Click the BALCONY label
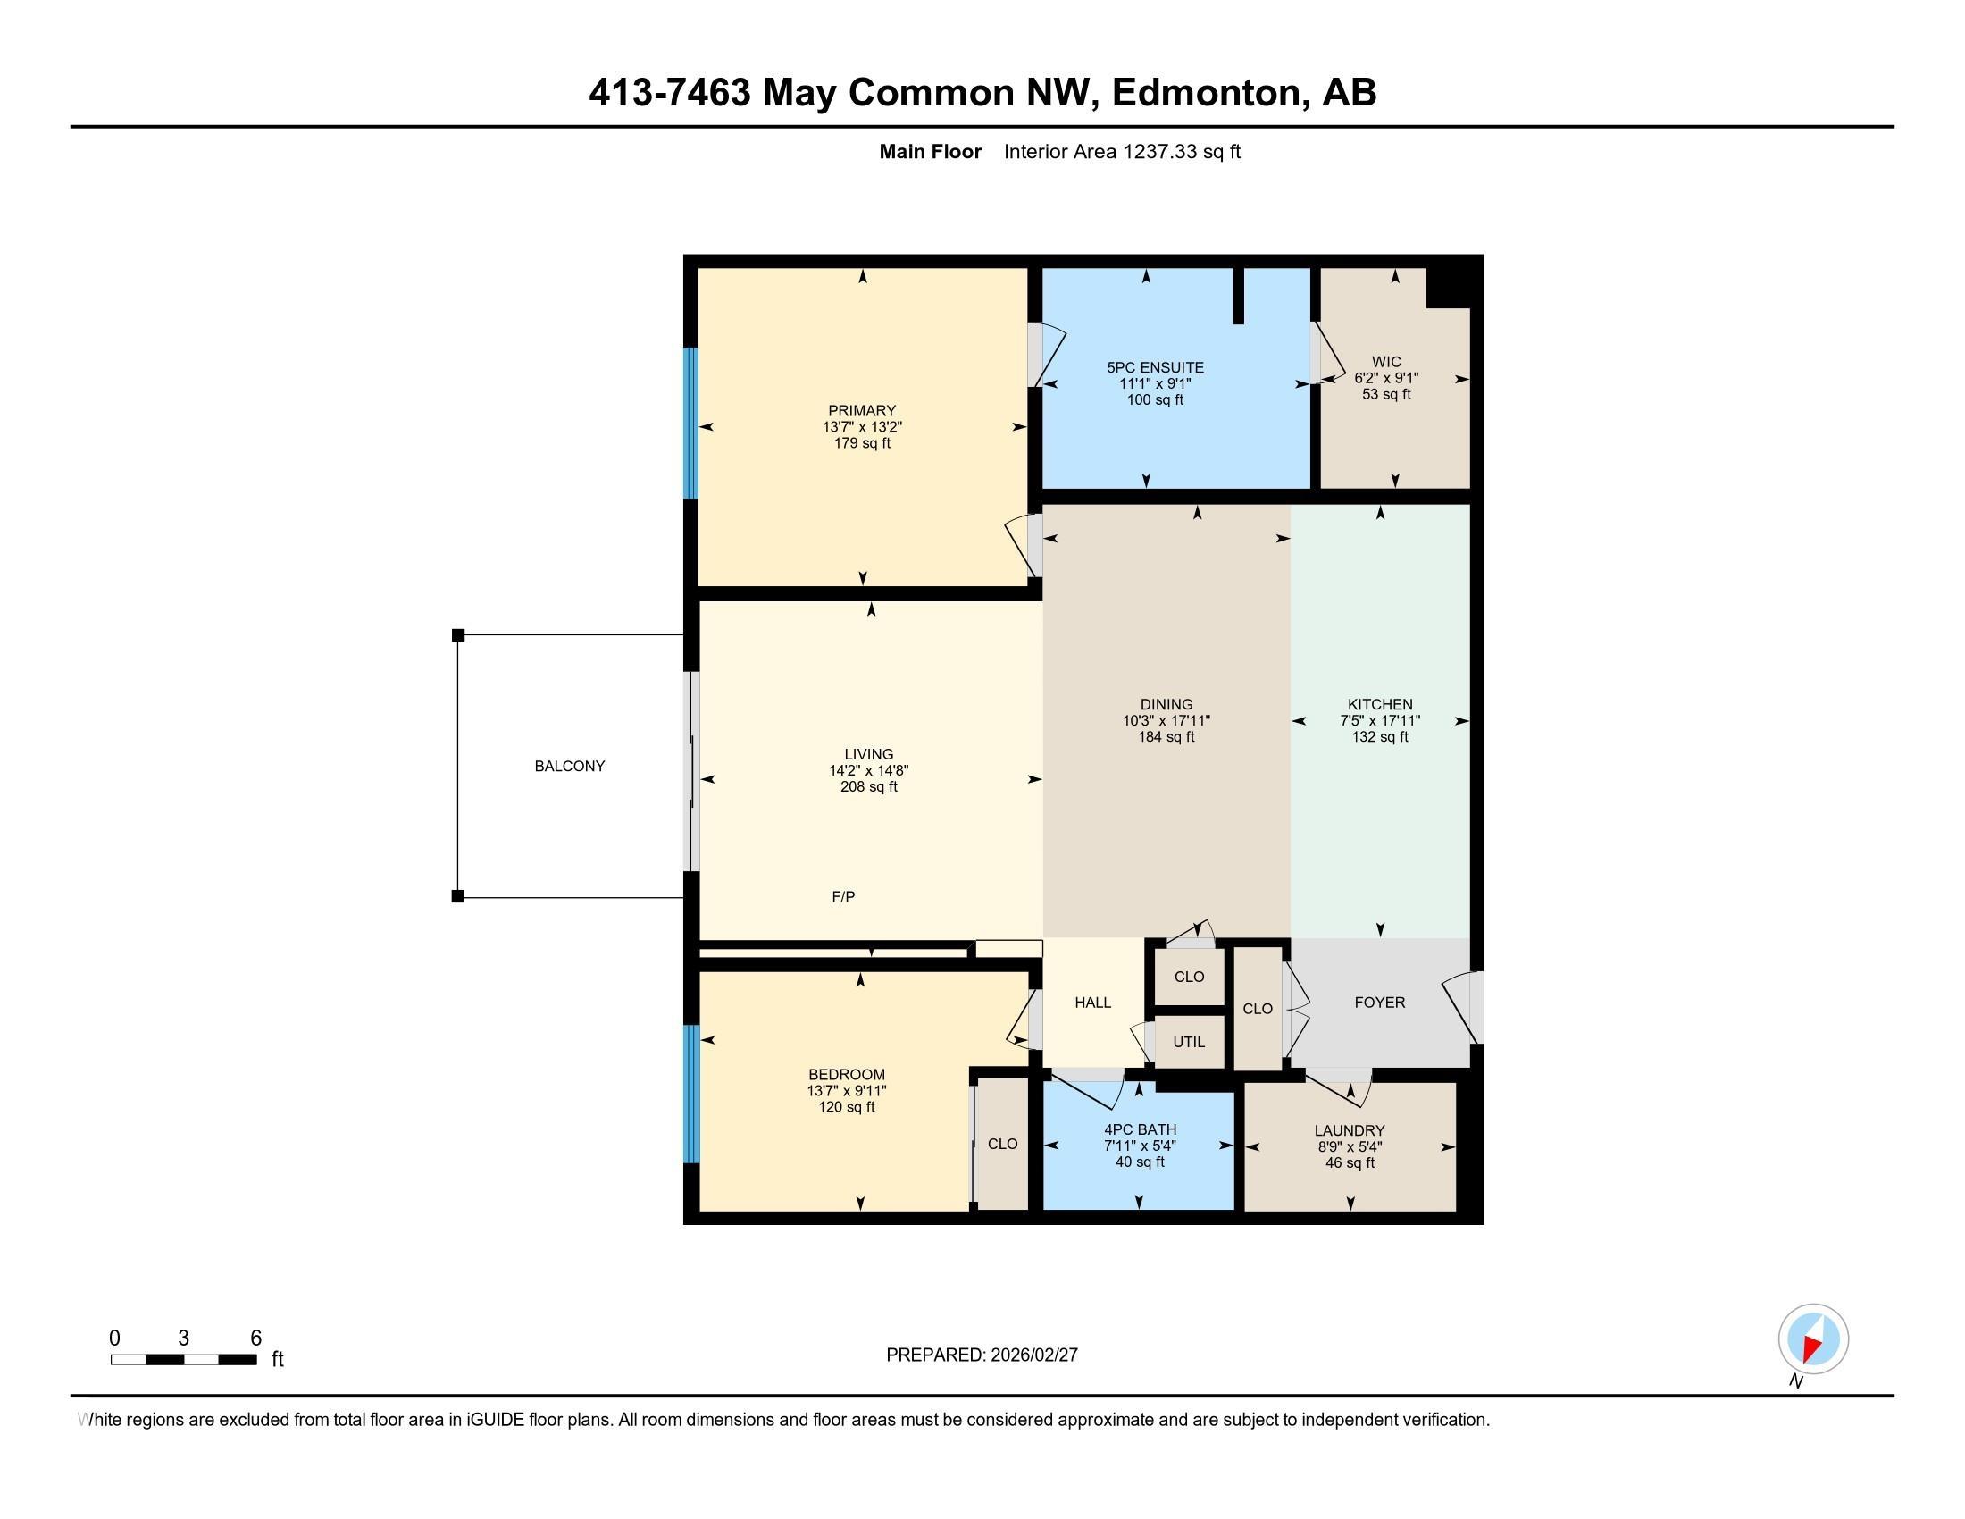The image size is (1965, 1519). (x=570, y=766)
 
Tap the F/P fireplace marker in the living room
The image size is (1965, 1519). (x=843, y=896)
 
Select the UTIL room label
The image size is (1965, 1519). (x=1189, y=1041)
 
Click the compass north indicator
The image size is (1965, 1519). (x=1813, y=1339)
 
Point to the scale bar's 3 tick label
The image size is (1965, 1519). (x=183, y=1338)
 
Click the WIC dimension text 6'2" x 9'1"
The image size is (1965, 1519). (x=1386, y=378)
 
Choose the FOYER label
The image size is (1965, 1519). (x=1379, y=1002)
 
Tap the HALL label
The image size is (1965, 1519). (x=1093, y=1002)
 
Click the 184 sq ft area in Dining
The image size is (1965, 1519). (x=1166, y=736)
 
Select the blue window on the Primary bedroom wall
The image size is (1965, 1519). (x=690, y=423)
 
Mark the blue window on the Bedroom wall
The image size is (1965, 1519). (x=690, y=1094)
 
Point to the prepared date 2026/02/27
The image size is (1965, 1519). (x=1033, y=1355)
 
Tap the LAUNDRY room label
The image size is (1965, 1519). (x=1349, y=1130)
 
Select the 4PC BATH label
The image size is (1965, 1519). (x=1140, y=1129)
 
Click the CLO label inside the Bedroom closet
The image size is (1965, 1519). (x=1002, y=1143)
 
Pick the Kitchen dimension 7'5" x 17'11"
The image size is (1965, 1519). (x=1379, y=720)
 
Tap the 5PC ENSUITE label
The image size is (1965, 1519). (x=1155, y=367)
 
